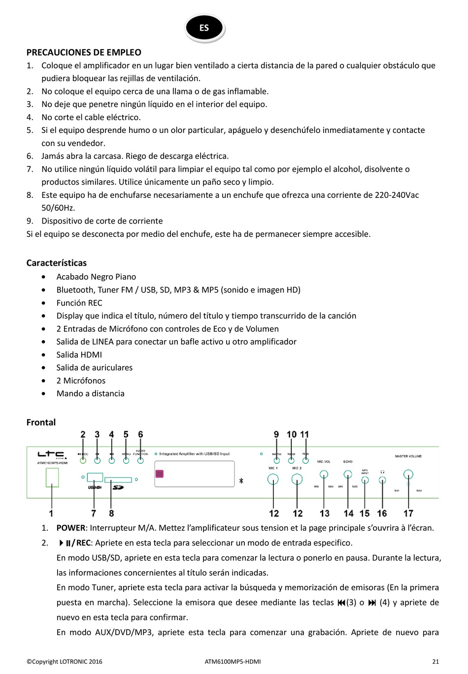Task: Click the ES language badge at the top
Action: coord(204,28)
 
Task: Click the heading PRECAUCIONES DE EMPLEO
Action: coord(84,52)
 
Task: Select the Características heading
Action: coord(56,263)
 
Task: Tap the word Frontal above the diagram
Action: coord(41,422)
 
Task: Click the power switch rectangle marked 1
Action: coord(52,477)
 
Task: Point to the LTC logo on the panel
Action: coord(51,454)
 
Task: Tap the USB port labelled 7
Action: coord(95,477)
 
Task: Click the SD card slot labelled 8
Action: coord(118,480)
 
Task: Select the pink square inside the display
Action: coord(159,474)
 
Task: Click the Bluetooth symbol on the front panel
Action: coord(241,481)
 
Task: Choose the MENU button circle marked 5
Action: coord(126,460)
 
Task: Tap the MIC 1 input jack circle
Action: coord(272,479)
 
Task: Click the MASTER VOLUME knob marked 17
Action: coord(408,475)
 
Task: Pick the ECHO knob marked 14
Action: coord(348,475)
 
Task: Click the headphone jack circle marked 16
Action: coord(382,480)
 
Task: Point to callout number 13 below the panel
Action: coord(324,514)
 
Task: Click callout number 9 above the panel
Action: coord(276,434)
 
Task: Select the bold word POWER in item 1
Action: coord(71,528)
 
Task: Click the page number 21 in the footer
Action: coord(435,662)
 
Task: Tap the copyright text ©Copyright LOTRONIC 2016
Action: coord(65,662)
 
